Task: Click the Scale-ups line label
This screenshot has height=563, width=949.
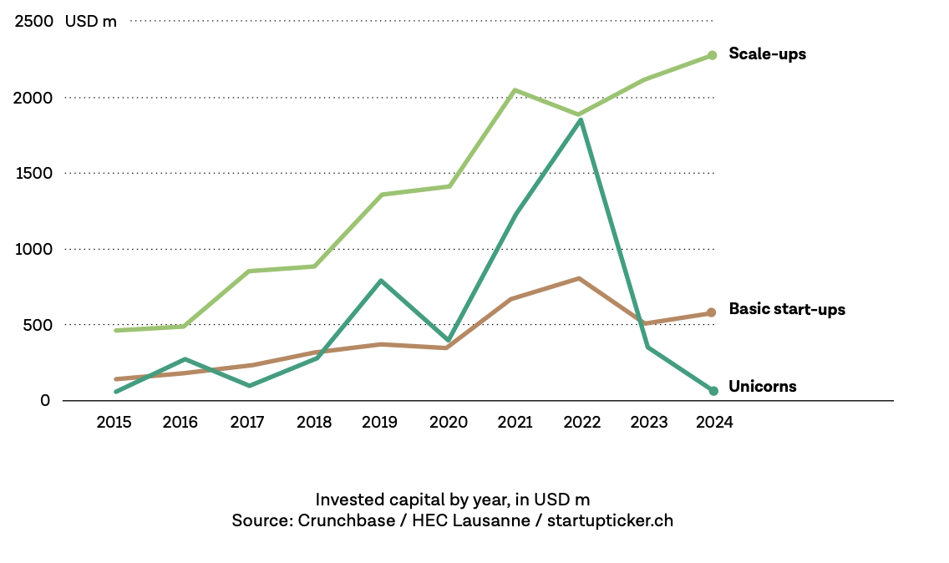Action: coord(767,54)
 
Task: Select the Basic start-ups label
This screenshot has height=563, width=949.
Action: coord(787,310)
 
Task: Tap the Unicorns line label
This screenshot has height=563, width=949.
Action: coord(762,387)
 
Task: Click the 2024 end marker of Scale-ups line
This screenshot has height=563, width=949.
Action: coord(713,55)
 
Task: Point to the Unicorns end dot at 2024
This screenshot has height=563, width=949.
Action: coord(713,391)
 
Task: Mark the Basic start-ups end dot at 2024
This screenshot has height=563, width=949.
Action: coord(712,312)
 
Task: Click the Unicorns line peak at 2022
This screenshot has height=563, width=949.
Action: coord(580,120)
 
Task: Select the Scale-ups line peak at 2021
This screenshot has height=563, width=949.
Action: coord(515,90)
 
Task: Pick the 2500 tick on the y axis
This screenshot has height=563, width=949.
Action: coord(33,22)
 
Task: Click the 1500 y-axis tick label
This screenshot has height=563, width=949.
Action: coord(33,174)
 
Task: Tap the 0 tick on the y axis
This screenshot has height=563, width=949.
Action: coord(45,401)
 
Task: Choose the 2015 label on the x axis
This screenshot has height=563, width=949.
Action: coord(114,423)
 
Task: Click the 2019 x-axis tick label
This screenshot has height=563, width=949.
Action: coord(381,423)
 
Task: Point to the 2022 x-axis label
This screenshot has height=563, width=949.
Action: coord(581,423)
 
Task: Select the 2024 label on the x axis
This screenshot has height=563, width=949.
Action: coord(714,423)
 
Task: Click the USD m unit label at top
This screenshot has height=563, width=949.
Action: coord(91,22)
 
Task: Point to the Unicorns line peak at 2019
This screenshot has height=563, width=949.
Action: coord(381,281)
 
